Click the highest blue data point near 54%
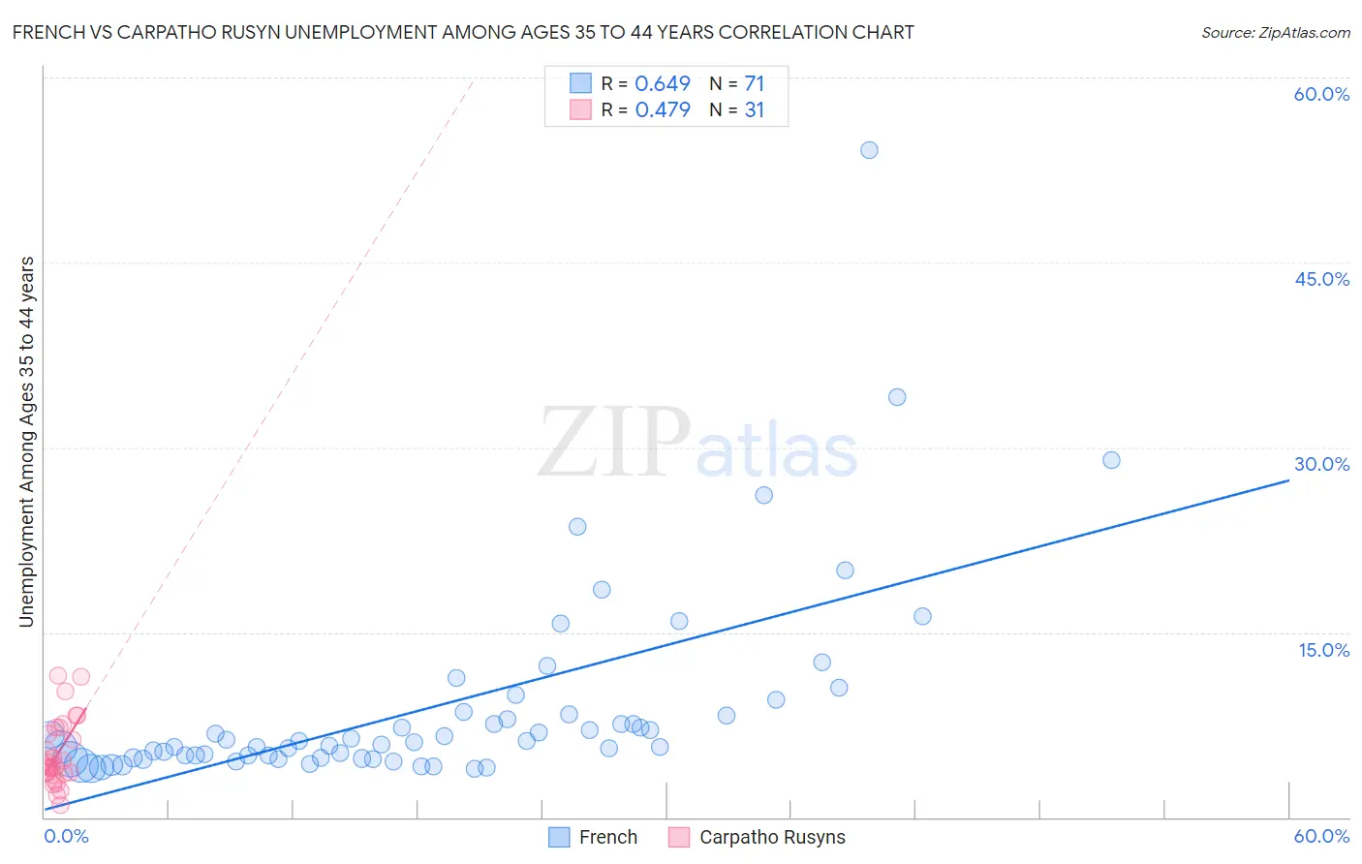pyautogui.click(x=869, y=150)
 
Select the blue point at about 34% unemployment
pyautogui.click(x=897, y=397)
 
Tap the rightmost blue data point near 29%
pyautogui.click(x=1111, y=460)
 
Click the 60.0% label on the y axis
pyautogui.click(x=1321, y=94)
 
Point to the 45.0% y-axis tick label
pyautogui.click(x=1321, y=279)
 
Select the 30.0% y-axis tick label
pyautogui.click(x=1321, y=464)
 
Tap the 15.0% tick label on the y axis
pyautogui.click(x=1323, y=650)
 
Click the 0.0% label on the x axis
pyautogui.click(x=66, y=836)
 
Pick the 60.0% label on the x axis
pyautogui.click(x=1321, y=836)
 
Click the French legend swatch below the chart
pyautogui.click(x=559, y=837)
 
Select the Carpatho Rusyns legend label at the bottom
pyautogui.click(x=772, y=837)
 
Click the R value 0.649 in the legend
pyautogui.click(x=663, y=84)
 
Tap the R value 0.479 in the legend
pyautogui.click(x=663, y=110)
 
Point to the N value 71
pyautogui.click(x=754, y=84)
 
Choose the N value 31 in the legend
pyautogui.click(x=754, y=110)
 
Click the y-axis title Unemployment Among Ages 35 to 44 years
pyautogui.click(x=27, y=442)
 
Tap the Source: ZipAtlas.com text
pyautogui.click(x=1275, y=33)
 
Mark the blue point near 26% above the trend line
pyautogui.click(x=763, y=495)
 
